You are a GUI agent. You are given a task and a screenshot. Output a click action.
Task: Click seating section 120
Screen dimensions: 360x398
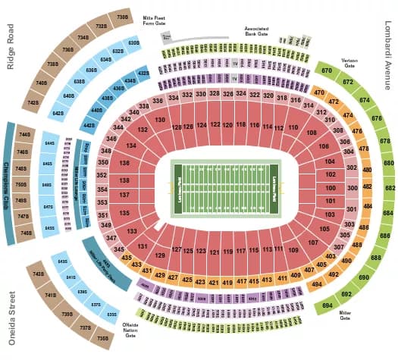point(228,124)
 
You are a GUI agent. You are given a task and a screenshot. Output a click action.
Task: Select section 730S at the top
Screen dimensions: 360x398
point(122,15)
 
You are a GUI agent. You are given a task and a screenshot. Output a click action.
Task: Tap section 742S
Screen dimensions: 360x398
point(33,102)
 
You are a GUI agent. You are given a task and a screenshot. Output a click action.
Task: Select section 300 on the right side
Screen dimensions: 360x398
point(351,187)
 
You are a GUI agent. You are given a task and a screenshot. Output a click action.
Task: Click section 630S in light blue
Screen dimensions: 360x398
point(134,42)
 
